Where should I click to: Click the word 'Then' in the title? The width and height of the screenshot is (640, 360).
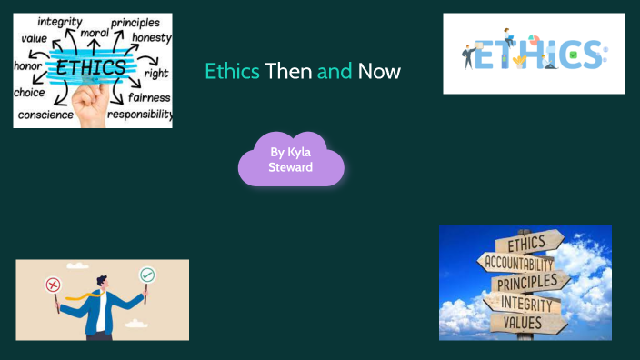288,71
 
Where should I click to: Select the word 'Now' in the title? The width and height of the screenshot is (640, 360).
379,71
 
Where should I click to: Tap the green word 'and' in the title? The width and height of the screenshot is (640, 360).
335,71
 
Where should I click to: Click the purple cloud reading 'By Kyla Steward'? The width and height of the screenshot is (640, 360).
291,160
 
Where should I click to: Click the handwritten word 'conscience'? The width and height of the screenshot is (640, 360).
45,114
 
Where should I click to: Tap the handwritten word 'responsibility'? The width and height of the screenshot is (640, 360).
139,115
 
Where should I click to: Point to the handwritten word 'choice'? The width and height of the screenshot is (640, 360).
29,92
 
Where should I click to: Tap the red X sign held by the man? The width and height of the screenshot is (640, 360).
52,283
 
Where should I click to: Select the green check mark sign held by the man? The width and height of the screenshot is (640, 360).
146,275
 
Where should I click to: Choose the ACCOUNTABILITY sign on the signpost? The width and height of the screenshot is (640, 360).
519,263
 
